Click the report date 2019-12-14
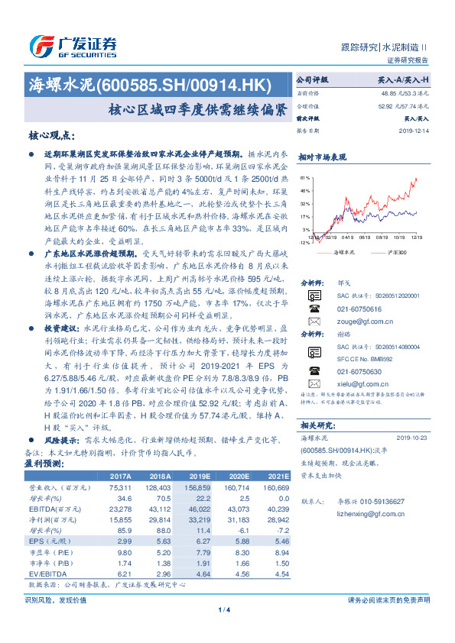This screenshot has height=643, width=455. coord(413,131)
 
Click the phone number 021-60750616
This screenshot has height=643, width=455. coord(349,309)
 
